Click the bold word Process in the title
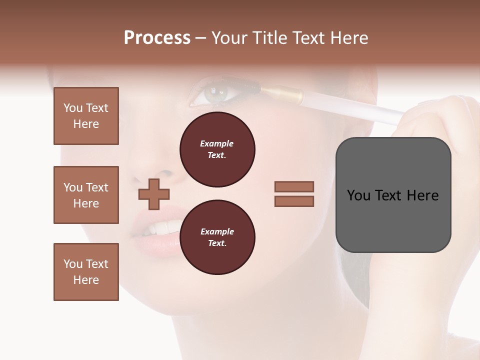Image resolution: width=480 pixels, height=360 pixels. pos(157,37)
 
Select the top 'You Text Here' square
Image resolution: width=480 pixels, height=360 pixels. pos(86,116)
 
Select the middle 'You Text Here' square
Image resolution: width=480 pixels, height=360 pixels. pos(86,195)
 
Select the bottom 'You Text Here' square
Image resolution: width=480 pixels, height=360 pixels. pos(86,272)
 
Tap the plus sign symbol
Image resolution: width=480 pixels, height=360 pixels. pos(154,194)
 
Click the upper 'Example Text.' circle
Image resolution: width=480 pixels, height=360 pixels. pos(217,149)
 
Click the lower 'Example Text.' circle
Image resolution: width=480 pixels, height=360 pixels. pos(217,237)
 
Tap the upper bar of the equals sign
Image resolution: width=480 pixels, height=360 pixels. pos(294,186)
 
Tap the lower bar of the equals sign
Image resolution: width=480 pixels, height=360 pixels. pos(294,201)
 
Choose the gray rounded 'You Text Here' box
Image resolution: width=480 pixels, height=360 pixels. pos(393,195)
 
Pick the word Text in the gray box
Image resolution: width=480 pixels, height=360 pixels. pos(392,195)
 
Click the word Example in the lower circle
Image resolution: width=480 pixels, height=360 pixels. pos(217,231)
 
